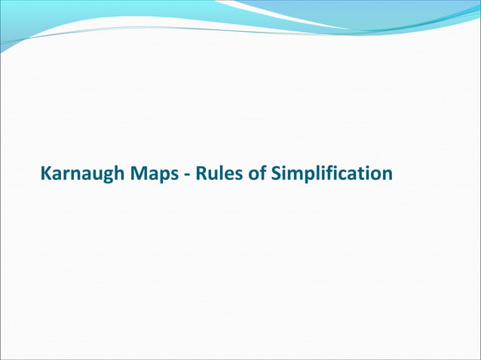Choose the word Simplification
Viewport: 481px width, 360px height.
pyautogui.click(x=330, y=174)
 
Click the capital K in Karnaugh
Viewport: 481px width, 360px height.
pyautogui.click(x=46, y=174)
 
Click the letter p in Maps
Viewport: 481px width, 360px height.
pyautogui.click(x=164, y=176)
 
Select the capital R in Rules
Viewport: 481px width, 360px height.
pyautogui.click(x=200, y=174)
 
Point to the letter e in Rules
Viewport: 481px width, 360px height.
pyautogui.click(x=225, y=175)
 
